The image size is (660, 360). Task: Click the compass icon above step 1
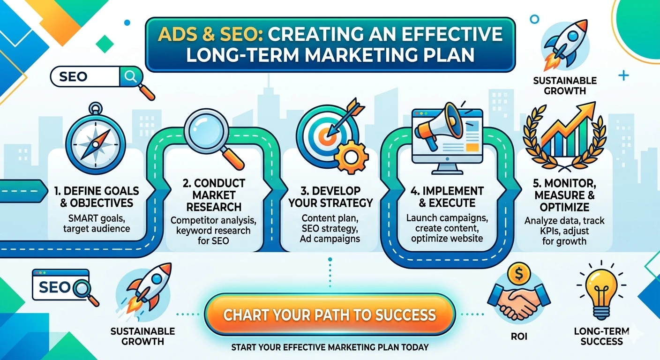coord(96,139)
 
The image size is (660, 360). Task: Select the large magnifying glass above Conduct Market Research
coord(206,132)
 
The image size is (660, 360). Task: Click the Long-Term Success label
coord(601,336)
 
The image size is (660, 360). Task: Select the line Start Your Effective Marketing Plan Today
coord(330,347)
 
